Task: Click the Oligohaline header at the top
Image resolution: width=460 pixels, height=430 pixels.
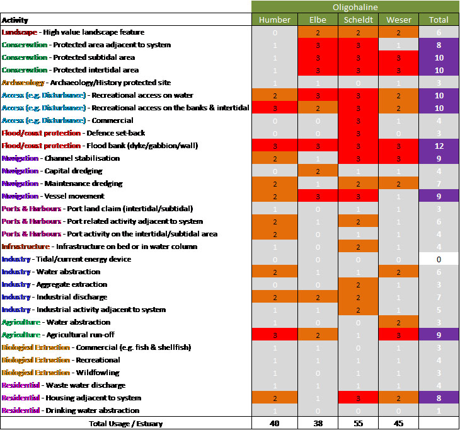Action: tap(355, 7)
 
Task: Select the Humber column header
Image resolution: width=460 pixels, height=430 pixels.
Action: tap(275, 20)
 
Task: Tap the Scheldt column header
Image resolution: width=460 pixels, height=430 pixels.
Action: tap(357, 20)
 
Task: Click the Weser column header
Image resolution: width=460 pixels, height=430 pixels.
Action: tap(398, 20)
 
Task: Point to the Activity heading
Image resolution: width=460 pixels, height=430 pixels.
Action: tap(15, 20)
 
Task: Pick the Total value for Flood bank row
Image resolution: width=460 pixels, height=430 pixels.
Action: tap(439, 146)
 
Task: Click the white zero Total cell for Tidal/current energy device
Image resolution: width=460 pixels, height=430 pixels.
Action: tap(439, 259)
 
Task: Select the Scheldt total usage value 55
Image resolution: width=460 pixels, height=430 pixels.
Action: tap(357, 423)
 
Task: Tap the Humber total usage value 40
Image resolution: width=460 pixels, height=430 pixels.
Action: tap(275, 423)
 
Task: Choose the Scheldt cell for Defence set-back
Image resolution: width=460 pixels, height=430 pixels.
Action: tap(357, 133)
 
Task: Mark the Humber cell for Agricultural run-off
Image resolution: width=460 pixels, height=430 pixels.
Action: tap(275, 335)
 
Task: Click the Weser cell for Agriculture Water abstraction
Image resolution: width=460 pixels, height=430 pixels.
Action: tap(398, 322)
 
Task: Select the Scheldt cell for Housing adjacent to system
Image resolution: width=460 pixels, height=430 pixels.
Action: tap(357, 398)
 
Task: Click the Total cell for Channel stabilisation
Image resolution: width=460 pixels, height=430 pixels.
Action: tap(439, 158)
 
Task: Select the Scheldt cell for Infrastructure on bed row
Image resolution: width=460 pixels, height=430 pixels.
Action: tap(357, 247)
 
